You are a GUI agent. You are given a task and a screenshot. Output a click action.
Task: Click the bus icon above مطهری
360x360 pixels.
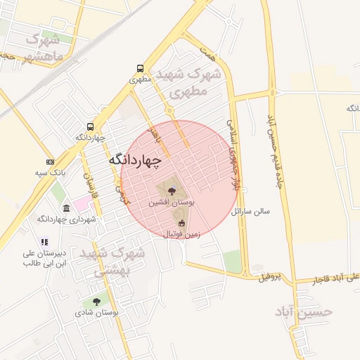141,69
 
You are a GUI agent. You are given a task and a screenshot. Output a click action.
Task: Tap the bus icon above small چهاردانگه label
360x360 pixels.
90,126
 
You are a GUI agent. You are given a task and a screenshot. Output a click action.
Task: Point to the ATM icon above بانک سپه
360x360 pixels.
50,161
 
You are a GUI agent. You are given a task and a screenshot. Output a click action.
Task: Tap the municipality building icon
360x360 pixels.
66,209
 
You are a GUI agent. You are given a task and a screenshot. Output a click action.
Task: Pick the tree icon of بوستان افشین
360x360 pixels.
171,190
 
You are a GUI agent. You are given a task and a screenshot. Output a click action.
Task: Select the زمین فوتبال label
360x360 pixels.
181,233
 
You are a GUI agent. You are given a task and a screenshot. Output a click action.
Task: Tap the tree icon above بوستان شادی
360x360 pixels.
96,301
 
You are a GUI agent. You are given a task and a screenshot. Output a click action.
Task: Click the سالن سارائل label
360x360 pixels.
262,211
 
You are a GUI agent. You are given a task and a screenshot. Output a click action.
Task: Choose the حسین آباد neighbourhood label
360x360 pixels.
304,311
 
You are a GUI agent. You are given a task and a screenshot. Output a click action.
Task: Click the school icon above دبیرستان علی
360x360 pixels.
44,242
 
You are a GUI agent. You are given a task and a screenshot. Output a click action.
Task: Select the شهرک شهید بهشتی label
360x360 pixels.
112,259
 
